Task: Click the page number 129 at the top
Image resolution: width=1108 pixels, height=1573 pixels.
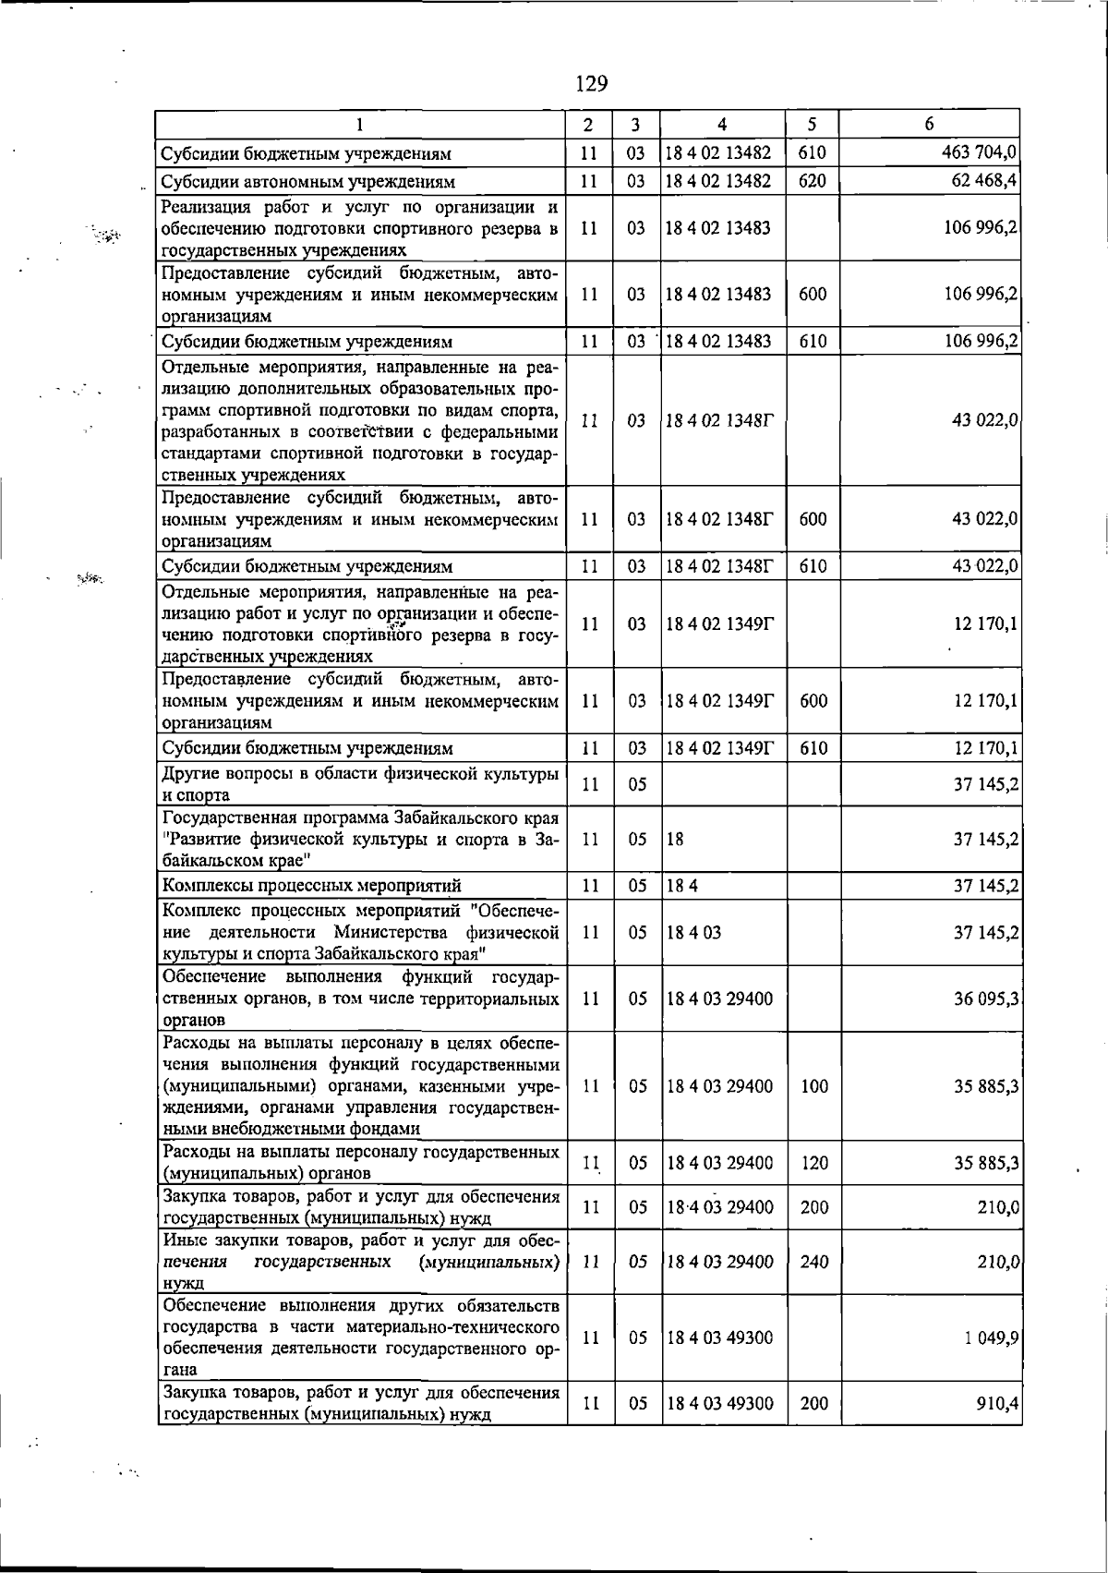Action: tap(591, 84)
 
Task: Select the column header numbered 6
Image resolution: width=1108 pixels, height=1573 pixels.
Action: tap(929, 125)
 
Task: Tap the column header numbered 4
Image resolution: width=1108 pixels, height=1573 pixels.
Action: tap(722, 125)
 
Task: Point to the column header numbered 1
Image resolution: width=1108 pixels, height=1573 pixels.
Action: tap(359, 125)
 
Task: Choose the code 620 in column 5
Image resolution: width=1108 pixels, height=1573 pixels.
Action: tap(813, 181)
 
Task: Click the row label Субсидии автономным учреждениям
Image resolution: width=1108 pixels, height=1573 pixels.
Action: tap(308, 182)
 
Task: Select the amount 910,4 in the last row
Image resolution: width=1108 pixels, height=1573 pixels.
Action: tap(997, 1403)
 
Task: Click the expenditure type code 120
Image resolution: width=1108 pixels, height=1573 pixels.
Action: tap(814, 1164)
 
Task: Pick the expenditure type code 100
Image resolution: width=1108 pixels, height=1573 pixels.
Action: tap(814, 1086)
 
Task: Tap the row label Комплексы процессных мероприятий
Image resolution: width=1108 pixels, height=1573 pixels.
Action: tap(311, 887)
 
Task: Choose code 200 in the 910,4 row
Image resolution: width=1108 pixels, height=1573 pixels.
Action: tap(814, 1403)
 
